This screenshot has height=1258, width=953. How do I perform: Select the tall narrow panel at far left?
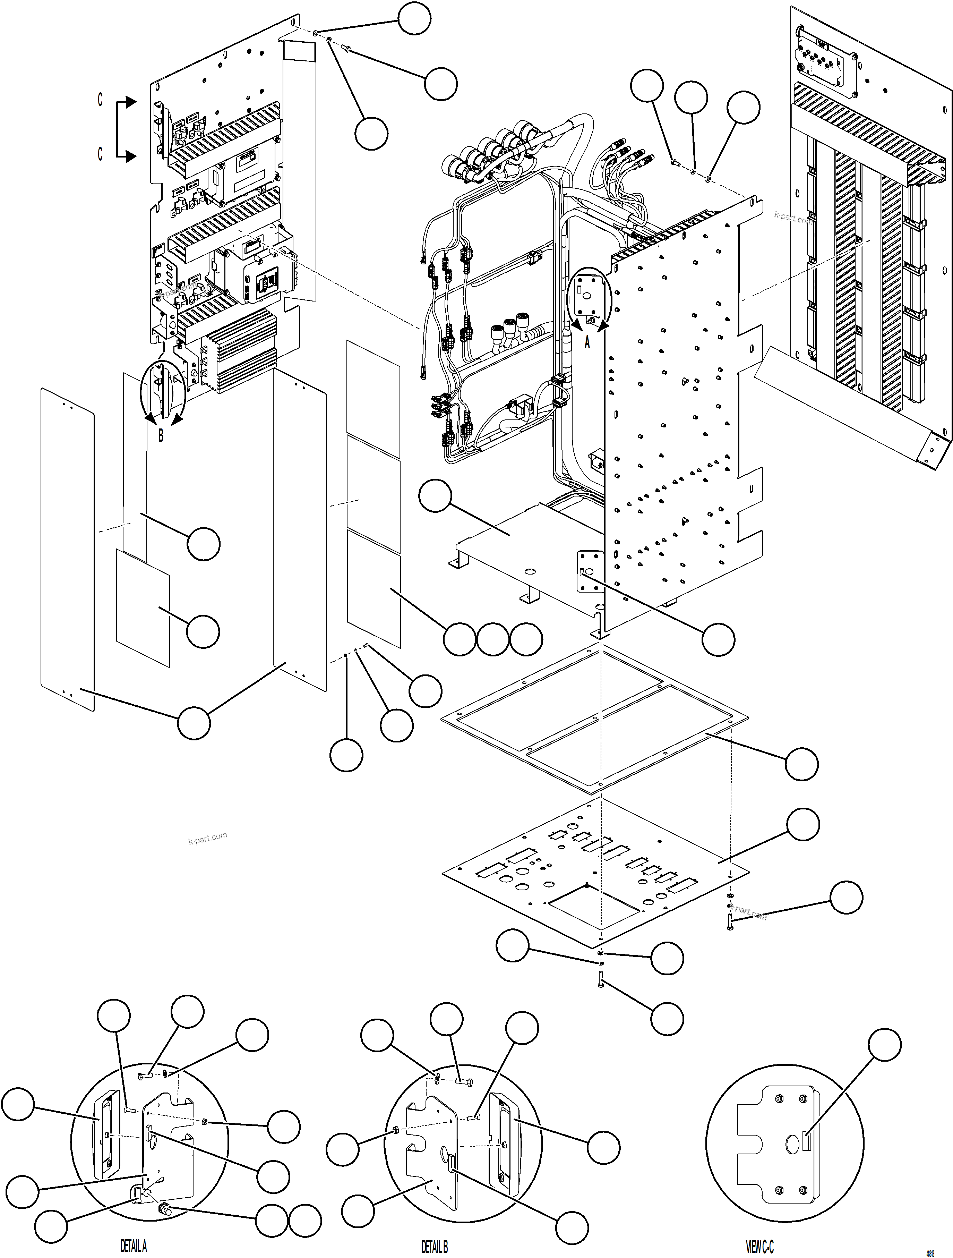67,549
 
